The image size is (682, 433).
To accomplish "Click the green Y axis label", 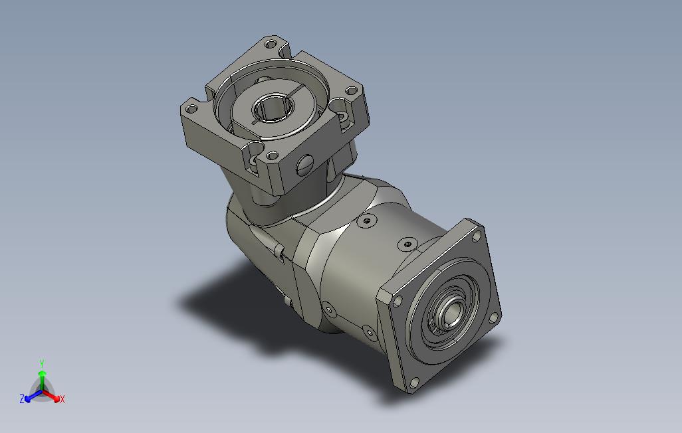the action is (x=42, y=363).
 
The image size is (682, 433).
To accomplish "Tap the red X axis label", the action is (x=62, y=399).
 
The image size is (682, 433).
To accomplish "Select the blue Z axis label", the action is (x=22, y=398).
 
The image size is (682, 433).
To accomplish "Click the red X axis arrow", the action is (x=52, y=395).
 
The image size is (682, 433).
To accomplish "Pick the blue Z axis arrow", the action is (x=33, y=396).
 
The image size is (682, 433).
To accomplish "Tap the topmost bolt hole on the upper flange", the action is (x=271, y=44).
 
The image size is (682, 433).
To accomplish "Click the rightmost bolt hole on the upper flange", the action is (x=351, y=91).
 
